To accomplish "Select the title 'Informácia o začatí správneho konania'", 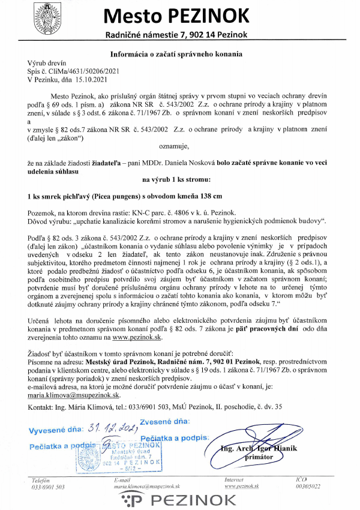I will point(177,53).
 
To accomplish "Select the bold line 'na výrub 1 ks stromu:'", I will point(176,179).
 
